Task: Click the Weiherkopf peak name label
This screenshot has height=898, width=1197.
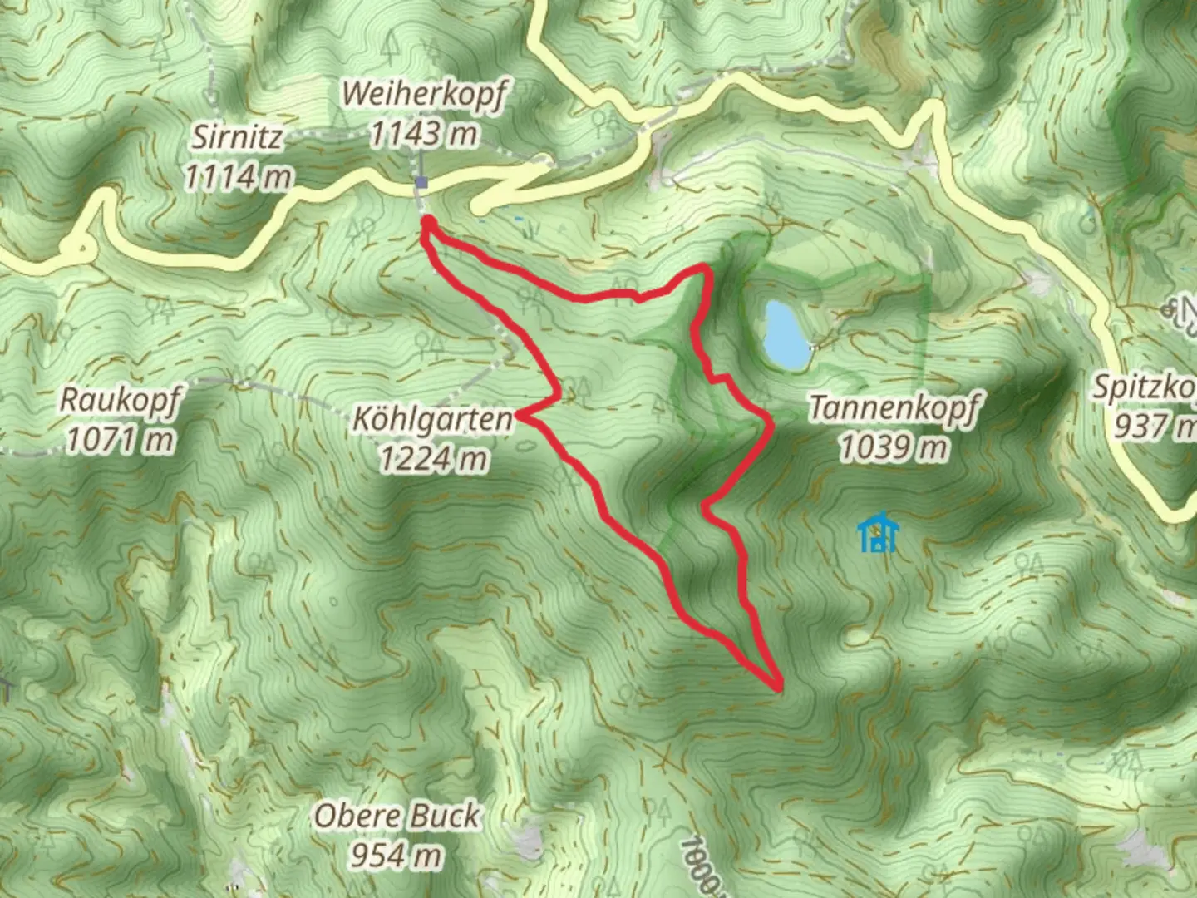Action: click(x=423, y=95)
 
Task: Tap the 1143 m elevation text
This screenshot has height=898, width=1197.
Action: click(x=423, y=133)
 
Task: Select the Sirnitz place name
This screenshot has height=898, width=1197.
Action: click(x=238, y=137)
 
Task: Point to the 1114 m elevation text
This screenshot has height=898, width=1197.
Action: click(x=238, y=176)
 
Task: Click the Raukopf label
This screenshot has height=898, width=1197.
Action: click(x=120, y=400)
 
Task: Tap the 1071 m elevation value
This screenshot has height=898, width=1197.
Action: click(x=120, y=439)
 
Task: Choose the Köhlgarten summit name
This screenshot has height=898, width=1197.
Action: click(x=433, y=419)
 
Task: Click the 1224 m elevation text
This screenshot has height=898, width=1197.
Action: click(x=433, y=458)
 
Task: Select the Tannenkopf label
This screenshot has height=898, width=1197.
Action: click(x=894, y=408)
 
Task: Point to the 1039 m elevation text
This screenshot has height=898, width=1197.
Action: click(x=894, y=448)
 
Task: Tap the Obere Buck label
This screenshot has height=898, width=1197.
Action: click(x=397, y=817)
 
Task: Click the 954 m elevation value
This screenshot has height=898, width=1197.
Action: click(x=397, y=855)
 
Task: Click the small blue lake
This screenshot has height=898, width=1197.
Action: click(x=785, y=334)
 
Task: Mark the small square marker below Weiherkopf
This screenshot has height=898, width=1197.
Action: click(x=421, y=183)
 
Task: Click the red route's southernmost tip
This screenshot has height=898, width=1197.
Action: click(x=779, y=688)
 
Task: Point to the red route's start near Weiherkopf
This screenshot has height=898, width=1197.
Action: click(x=427, y=220)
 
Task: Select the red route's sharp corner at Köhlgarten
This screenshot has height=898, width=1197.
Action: click(x=520, y=413)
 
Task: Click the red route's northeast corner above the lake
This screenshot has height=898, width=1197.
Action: click(x=707, y=268)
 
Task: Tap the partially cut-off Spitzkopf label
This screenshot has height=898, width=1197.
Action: click(x=1147, y=406)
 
